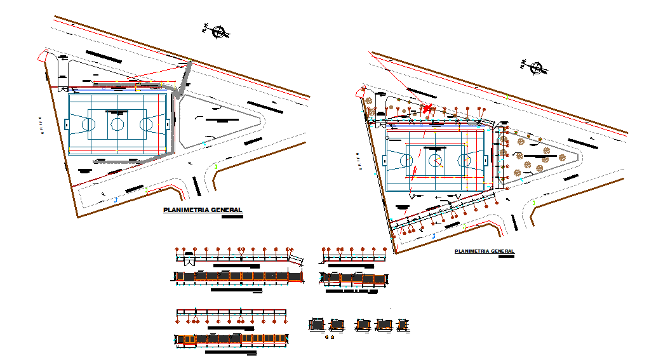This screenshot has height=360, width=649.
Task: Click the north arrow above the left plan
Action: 219,31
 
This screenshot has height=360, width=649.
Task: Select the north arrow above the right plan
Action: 537,68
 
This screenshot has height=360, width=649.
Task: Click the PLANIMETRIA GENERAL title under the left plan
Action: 203,210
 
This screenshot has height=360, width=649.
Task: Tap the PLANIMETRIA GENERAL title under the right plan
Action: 485,251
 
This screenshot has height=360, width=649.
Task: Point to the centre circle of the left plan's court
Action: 117,124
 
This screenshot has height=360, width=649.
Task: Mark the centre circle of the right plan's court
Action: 435,160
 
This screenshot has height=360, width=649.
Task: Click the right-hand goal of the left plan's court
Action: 168,124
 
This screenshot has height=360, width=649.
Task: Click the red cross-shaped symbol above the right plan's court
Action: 427,109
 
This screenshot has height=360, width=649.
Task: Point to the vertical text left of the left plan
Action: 39,125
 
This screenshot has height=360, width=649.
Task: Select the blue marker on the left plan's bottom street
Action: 116,199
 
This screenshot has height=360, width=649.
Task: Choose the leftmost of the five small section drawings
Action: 317,324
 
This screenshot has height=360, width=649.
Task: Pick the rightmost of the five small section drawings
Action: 401,324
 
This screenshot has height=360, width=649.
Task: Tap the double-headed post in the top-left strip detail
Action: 241,250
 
